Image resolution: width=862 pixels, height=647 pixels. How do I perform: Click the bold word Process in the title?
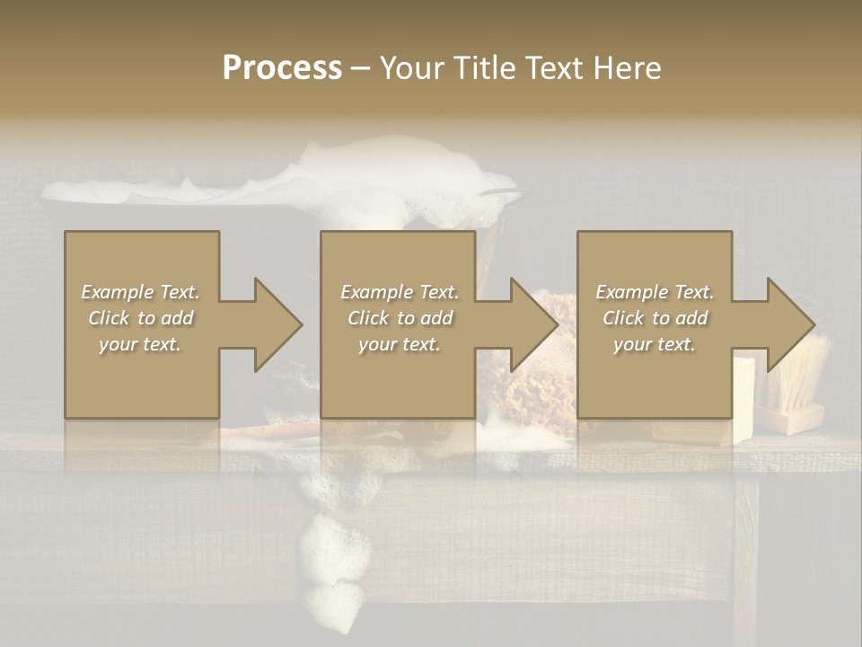pyautogui.click(x=282, y=68)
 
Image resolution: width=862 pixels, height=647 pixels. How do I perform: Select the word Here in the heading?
pyautogui.click(x=626, y=68)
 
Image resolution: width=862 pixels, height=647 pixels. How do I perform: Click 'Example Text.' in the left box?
pyautogui.click(x=140, y=292)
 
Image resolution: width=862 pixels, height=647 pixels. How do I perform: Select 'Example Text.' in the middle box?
pyautogui.click(x=399, y=292)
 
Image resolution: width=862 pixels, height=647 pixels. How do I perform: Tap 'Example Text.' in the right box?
pyautogui.click(x=655, y=292)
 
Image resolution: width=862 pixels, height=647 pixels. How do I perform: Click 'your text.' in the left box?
pyautogui.click(x=140, y=344)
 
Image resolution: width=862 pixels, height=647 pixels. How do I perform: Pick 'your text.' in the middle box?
pyautogui.click(x=399, y=344)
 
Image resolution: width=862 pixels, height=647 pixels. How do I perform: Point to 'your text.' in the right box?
pyautogui.click(x=655, y=344)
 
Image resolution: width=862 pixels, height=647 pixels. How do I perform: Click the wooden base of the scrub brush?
pyautogui.click(x=790, y=419)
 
